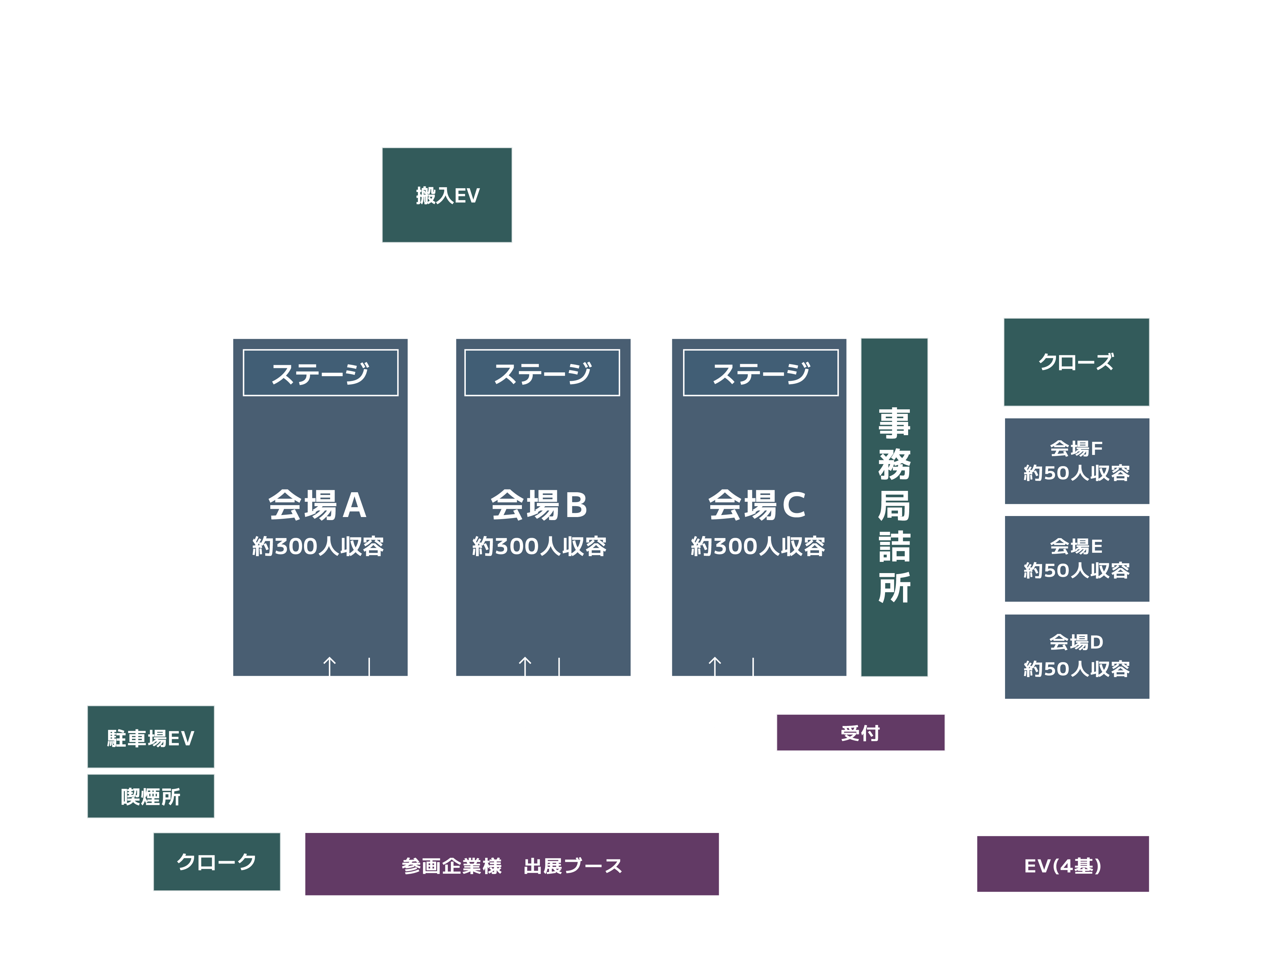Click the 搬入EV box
coord(446,195)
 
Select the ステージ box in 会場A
coord(320,373)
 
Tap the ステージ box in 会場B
coord(542,373)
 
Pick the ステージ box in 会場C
coord(761,373)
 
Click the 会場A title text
coord(317,505)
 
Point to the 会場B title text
coord(539,505)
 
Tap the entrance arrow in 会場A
coord(329,666)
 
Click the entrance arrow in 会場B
coord(525,666)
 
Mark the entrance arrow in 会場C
coord(715,666)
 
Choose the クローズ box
coord(1076,362)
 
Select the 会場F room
coord(1076,461)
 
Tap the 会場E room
coord(1076,558)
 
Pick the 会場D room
coord(1076,656)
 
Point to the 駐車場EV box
coord(151,737)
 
